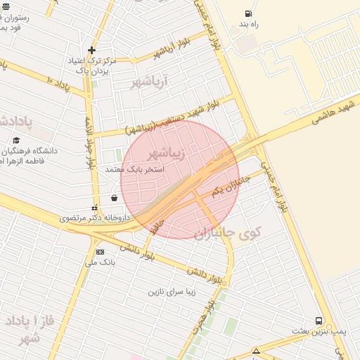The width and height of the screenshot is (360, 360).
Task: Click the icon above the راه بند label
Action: point(247,13)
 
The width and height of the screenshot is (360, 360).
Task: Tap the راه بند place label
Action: point(249,25)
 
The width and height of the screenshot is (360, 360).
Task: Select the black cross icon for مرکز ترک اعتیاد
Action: point(91,50)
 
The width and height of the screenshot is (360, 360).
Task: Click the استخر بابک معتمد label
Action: point(134,169)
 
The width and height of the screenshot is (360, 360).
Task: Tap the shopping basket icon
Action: point(114,198)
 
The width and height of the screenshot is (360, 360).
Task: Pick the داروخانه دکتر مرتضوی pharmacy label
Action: point(95,219)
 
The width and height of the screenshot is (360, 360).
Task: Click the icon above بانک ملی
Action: point(100,252)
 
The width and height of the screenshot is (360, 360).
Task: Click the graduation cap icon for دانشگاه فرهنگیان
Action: point(15,140)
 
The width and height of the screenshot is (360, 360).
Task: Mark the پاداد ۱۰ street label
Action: point(60,82)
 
